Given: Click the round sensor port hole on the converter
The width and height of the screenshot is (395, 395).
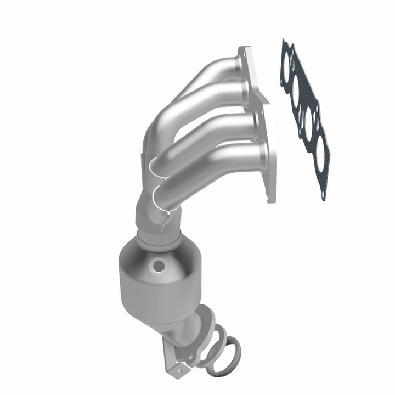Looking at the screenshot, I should [x=160, y=267].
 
